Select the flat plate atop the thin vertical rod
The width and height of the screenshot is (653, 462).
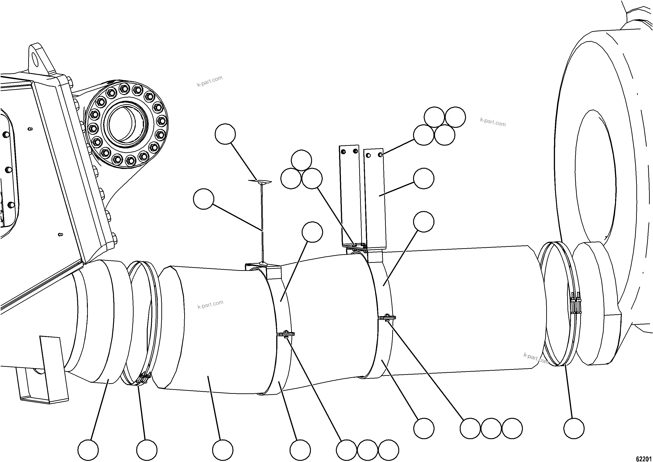pyautogui.click(x=260, y=181)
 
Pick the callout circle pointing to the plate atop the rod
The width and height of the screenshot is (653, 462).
pyautogui.click(x=225, y=134)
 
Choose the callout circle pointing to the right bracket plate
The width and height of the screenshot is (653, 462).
pyautogui.click(x=424, y=178)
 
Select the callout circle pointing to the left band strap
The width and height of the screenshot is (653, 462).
pyautogui.click(x=312, y=232)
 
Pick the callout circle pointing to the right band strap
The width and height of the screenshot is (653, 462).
pyautogui.click(x=424, y=222)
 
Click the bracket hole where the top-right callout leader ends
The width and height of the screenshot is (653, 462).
pyautogui.click(x=380, y=155)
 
